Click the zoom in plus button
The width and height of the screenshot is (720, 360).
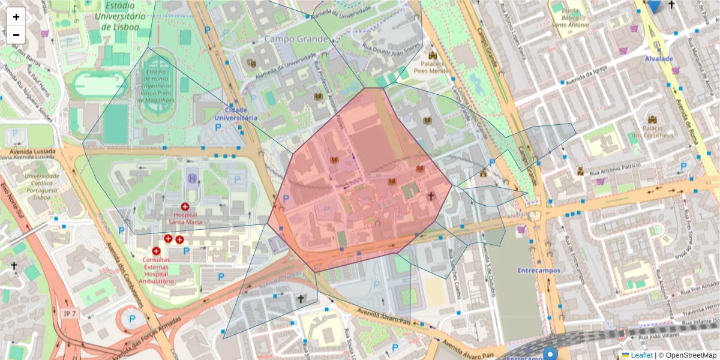pyautogui.click(x=16, y=17)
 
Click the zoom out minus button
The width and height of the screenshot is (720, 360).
pyautogui.click(x=16, y=35)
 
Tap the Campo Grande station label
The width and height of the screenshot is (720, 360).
pyautogui.click(x=296, y=39)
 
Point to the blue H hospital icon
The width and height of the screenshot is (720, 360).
pyautogui.click(x=192, y=178)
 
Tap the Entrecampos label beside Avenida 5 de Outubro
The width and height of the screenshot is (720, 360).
pyautogui.click(x=539, y=270)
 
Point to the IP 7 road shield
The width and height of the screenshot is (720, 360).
pyautogui.click(x=70, y=313)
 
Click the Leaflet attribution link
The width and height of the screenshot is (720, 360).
pyautogui.click(x=641, y=355)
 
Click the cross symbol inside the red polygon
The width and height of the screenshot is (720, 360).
pyautogui.click(x=430, y=196)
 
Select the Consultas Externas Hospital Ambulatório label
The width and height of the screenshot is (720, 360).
pyautogui.click(x=156, y=270)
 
